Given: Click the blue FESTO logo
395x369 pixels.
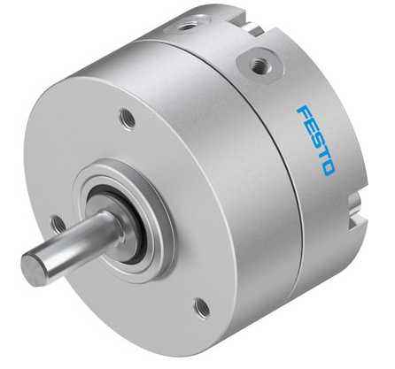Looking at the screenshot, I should click(x=314, y=140).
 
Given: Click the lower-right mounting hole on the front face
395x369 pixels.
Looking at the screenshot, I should click(x=199, y=308).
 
